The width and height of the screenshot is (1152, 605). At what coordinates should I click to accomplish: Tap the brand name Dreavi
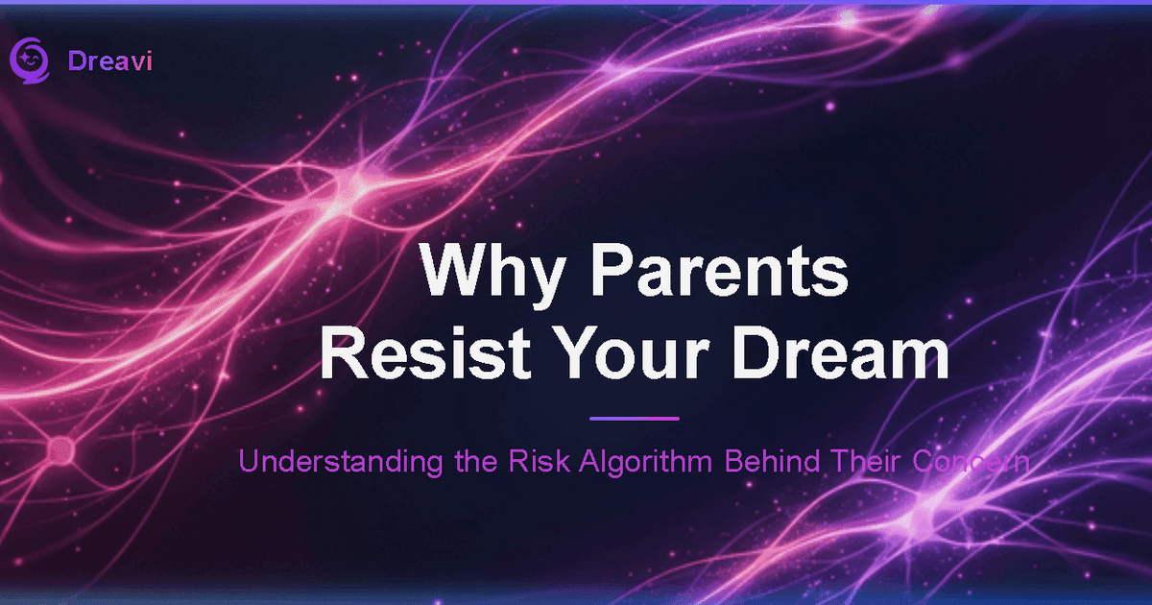pos(110,61)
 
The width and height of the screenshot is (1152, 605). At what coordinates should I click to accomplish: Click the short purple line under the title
pos(634,419)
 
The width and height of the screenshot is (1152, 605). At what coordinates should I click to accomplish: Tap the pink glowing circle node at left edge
pos(60,447)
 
